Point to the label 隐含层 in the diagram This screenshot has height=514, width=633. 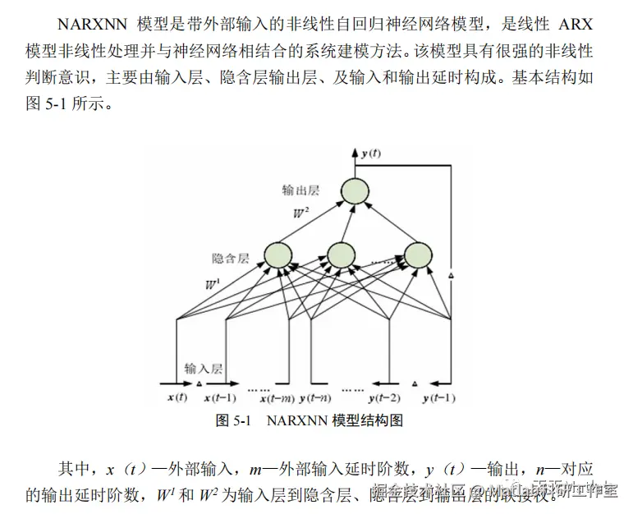coord(230,258)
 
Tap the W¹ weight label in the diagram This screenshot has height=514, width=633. coord(213,284)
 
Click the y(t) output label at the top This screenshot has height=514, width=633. coord(371,154)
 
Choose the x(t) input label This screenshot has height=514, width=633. coord(177,398)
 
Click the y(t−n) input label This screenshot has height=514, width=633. coord(316,398)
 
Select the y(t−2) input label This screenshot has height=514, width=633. coord(383,398)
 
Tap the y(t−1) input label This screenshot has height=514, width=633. coord(439,398)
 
